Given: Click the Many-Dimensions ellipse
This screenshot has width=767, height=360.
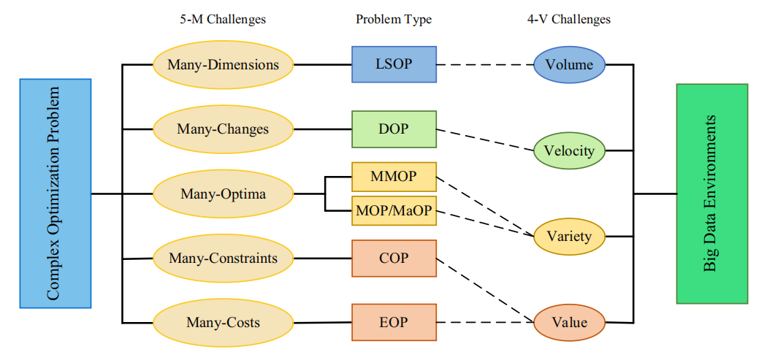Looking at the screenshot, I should point(223,64).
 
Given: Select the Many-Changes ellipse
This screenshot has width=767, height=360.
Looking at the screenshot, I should point(223,129).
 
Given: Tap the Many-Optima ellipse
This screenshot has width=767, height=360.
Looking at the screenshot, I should point(223,194).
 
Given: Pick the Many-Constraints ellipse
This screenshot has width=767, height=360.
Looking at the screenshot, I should point(223,258).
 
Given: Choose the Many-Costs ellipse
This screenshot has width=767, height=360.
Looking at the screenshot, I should point(223,322).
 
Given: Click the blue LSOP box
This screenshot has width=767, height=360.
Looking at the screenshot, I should point(394,64).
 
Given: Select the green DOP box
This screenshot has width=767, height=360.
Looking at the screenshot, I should point(394,129).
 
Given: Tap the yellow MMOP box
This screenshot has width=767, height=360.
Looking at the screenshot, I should point(394,177).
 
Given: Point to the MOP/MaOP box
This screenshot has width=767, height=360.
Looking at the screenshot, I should point(394,212).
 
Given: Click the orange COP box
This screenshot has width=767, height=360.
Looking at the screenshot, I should point(394,258).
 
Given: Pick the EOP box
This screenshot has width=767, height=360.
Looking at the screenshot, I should point(394,322).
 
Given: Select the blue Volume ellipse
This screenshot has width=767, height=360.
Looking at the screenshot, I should point(569,64).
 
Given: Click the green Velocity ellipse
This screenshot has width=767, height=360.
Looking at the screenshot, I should point(569,151).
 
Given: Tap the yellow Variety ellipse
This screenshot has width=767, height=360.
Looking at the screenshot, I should point(569,237).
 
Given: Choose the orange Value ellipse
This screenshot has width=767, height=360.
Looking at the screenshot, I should point(569,322).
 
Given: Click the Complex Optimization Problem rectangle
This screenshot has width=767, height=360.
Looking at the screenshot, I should point(55,194).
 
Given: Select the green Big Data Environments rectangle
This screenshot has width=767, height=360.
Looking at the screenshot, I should point(711,194).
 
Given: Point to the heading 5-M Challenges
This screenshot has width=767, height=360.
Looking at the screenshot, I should point(223,20).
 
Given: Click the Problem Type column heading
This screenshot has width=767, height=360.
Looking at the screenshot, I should point(394,20).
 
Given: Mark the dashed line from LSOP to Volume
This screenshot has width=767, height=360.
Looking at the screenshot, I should point(484,64).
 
